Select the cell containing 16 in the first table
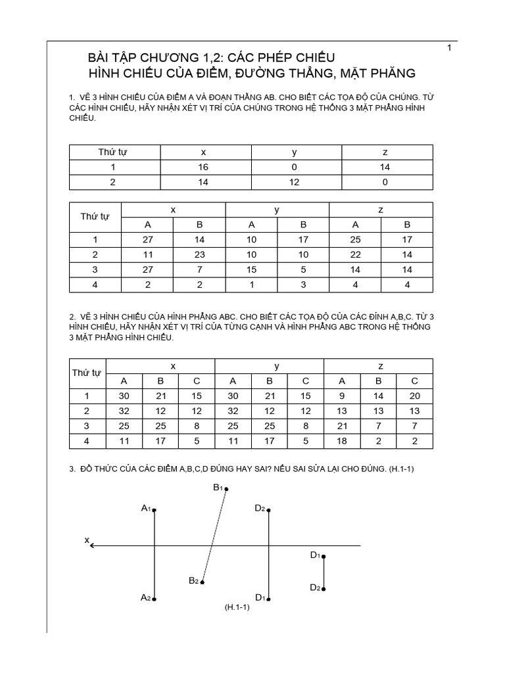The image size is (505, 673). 204,167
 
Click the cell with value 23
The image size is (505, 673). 200,254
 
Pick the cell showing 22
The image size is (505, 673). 355,254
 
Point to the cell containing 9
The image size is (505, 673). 341,396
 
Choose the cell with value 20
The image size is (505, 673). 414,396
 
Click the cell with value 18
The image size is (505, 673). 341,441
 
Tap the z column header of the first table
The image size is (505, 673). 385,152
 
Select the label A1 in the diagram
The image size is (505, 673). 146,508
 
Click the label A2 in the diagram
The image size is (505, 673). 146,597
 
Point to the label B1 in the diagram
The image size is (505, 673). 218,487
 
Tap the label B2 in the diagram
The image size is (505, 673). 194,580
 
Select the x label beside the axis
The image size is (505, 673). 86,540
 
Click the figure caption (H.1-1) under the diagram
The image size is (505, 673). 237,608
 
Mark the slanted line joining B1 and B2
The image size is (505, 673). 215,536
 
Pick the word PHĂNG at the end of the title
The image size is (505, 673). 391,73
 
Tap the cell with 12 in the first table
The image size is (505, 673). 295,182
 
